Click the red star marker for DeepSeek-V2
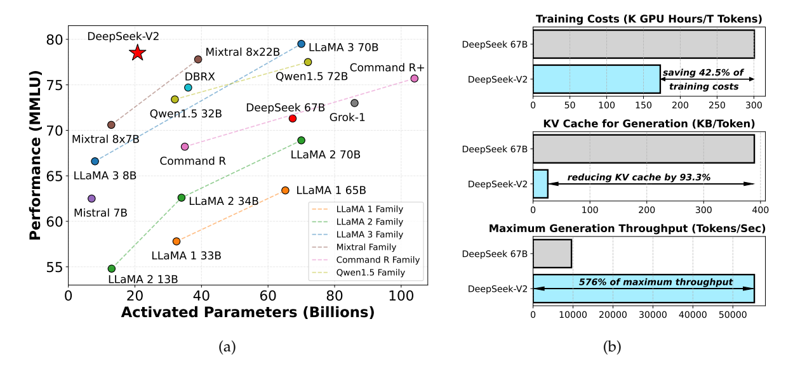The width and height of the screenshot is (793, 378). tap(137, 53)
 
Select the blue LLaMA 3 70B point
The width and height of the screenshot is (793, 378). tap(302, 44)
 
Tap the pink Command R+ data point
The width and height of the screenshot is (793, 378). tap(414, 78)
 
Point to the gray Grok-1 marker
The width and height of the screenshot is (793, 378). tap(354, 103)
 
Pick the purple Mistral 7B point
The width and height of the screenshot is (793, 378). tap(91, 199)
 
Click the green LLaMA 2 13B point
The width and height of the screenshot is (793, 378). tap(112, 268)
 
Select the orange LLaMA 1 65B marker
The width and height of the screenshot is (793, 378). tap(285, 190)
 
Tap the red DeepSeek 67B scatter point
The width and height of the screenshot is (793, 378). tap(293, 119)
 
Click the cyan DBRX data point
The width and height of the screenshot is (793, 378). tap(188, 88)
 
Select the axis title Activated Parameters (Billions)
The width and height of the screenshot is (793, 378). tap(247, 313)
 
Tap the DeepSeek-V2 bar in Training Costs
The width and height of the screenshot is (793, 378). tap(596, 79)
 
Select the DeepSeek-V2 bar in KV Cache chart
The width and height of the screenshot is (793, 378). tap(540, 184)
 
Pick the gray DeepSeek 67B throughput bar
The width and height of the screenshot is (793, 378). tap(552, 253)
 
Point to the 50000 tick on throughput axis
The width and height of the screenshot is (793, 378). tap(732, 313)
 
